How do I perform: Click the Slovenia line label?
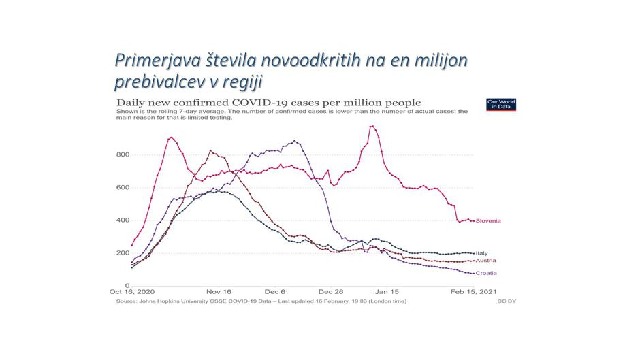coord(488,221)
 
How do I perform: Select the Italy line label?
coord(481,253)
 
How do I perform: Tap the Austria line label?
coord(485,261)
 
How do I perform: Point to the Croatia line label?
coord(486,274)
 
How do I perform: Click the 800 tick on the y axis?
coord(122,155)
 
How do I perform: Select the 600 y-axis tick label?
coord(122,188)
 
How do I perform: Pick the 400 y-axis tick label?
coord(122,220)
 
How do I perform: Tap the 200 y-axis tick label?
coord(122,253)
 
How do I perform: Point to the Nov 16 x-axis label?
coord(219,292)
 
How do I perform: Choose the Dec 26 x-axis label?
coord(330,292)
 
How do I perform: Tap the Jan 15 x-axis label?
coord(385,292)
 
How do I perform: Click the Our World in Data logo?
coord(501,104)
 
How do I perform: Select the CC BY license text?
coord(507,301)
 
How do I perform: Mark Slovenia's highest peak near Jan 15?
coord(372,126)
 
